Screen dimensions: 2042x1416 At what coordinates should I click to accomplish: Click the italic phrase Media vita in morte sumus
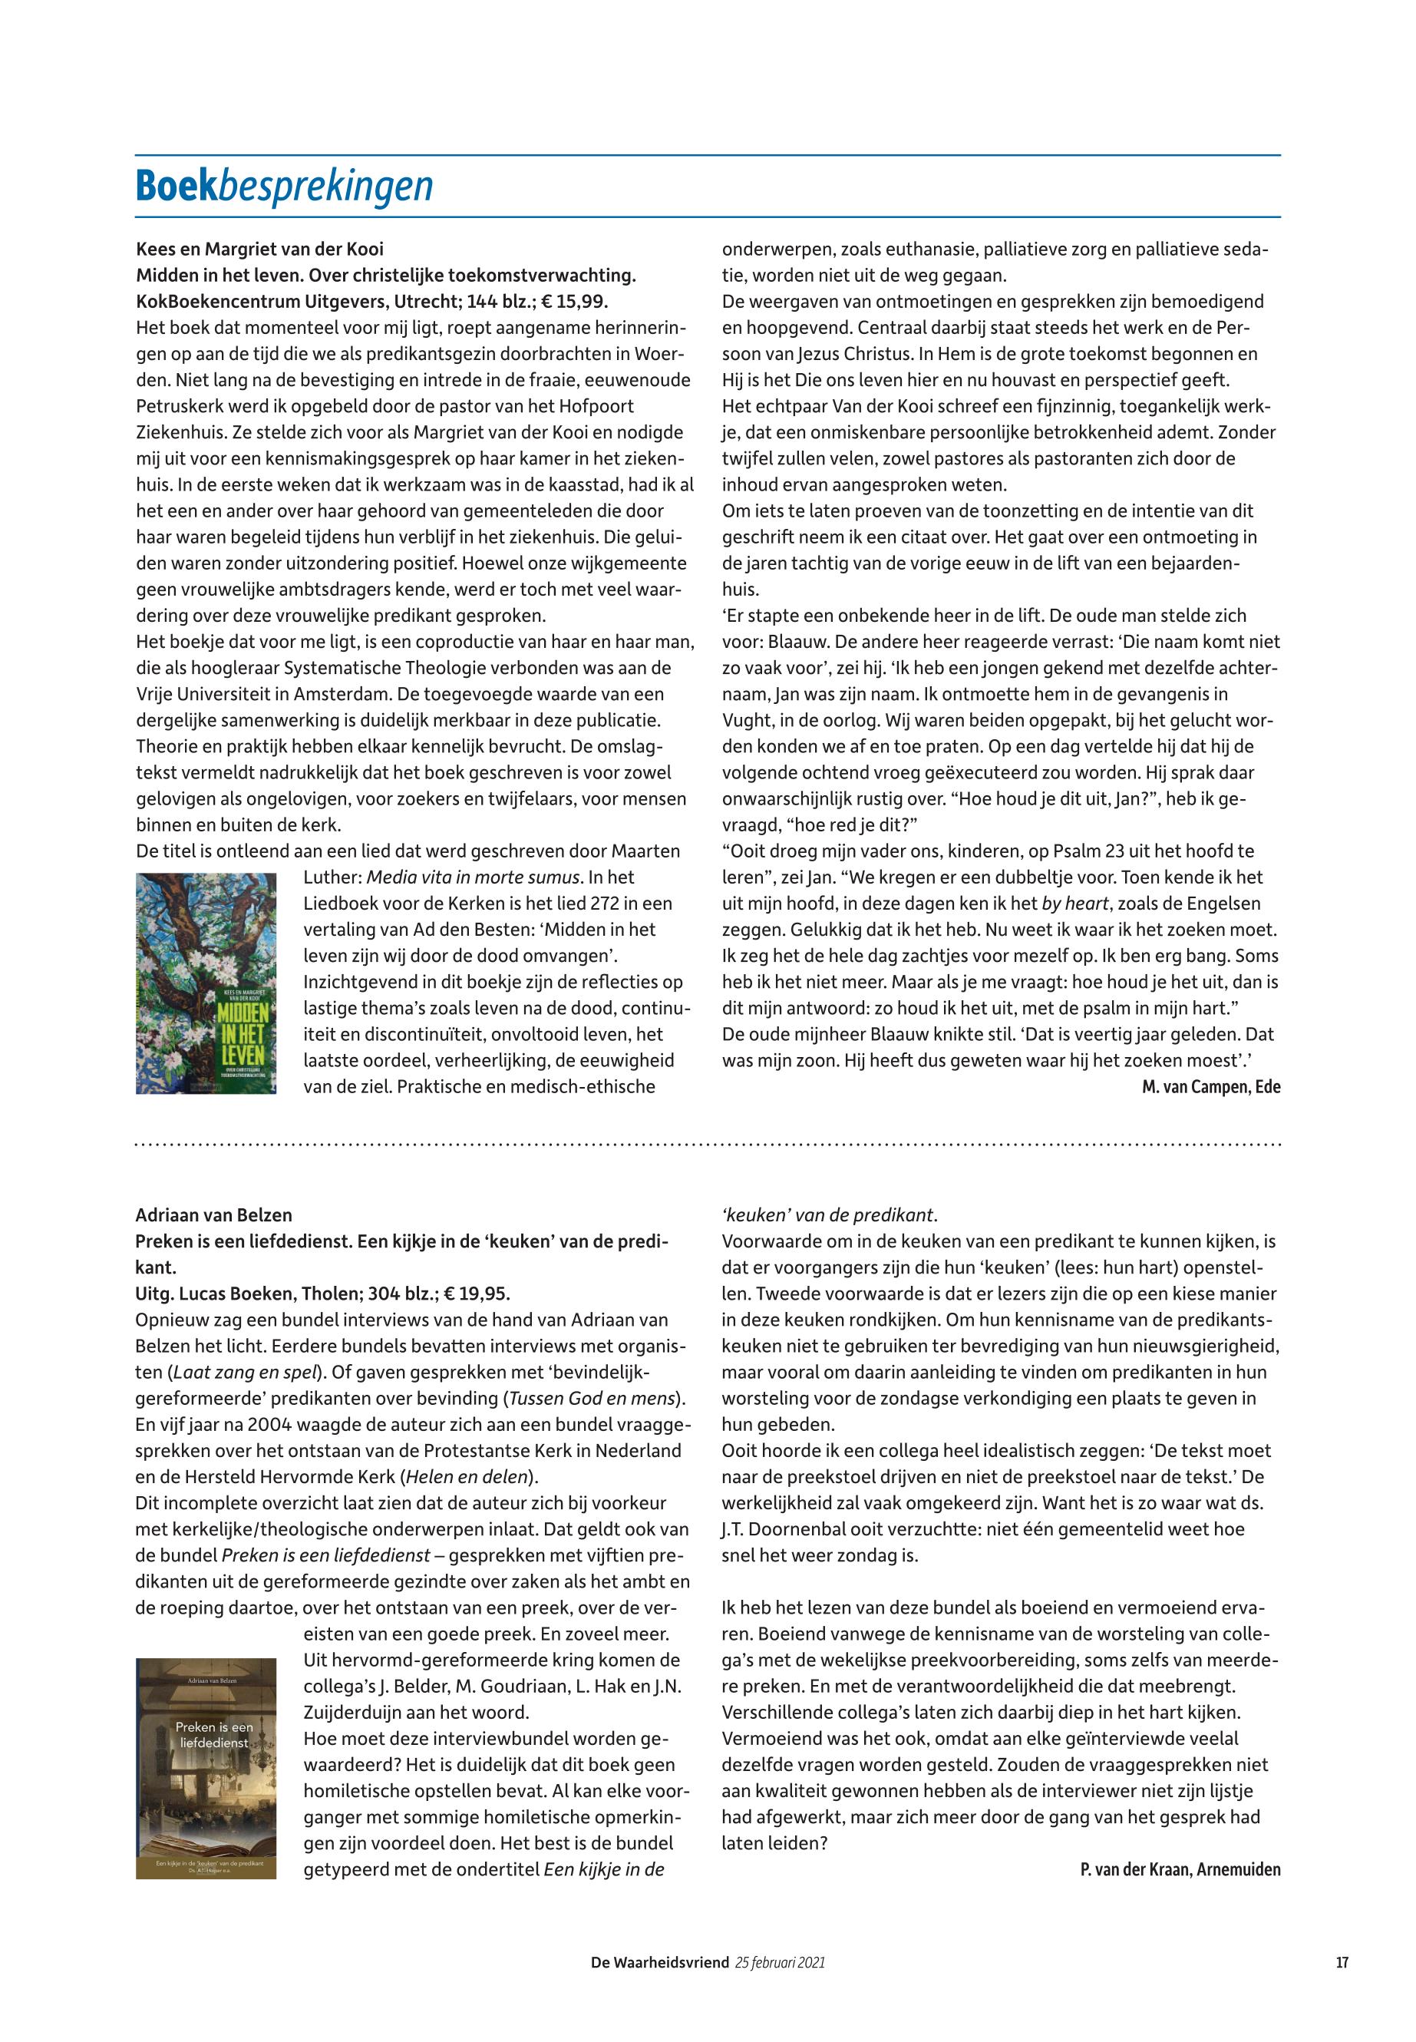click(x=474, y=877)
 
